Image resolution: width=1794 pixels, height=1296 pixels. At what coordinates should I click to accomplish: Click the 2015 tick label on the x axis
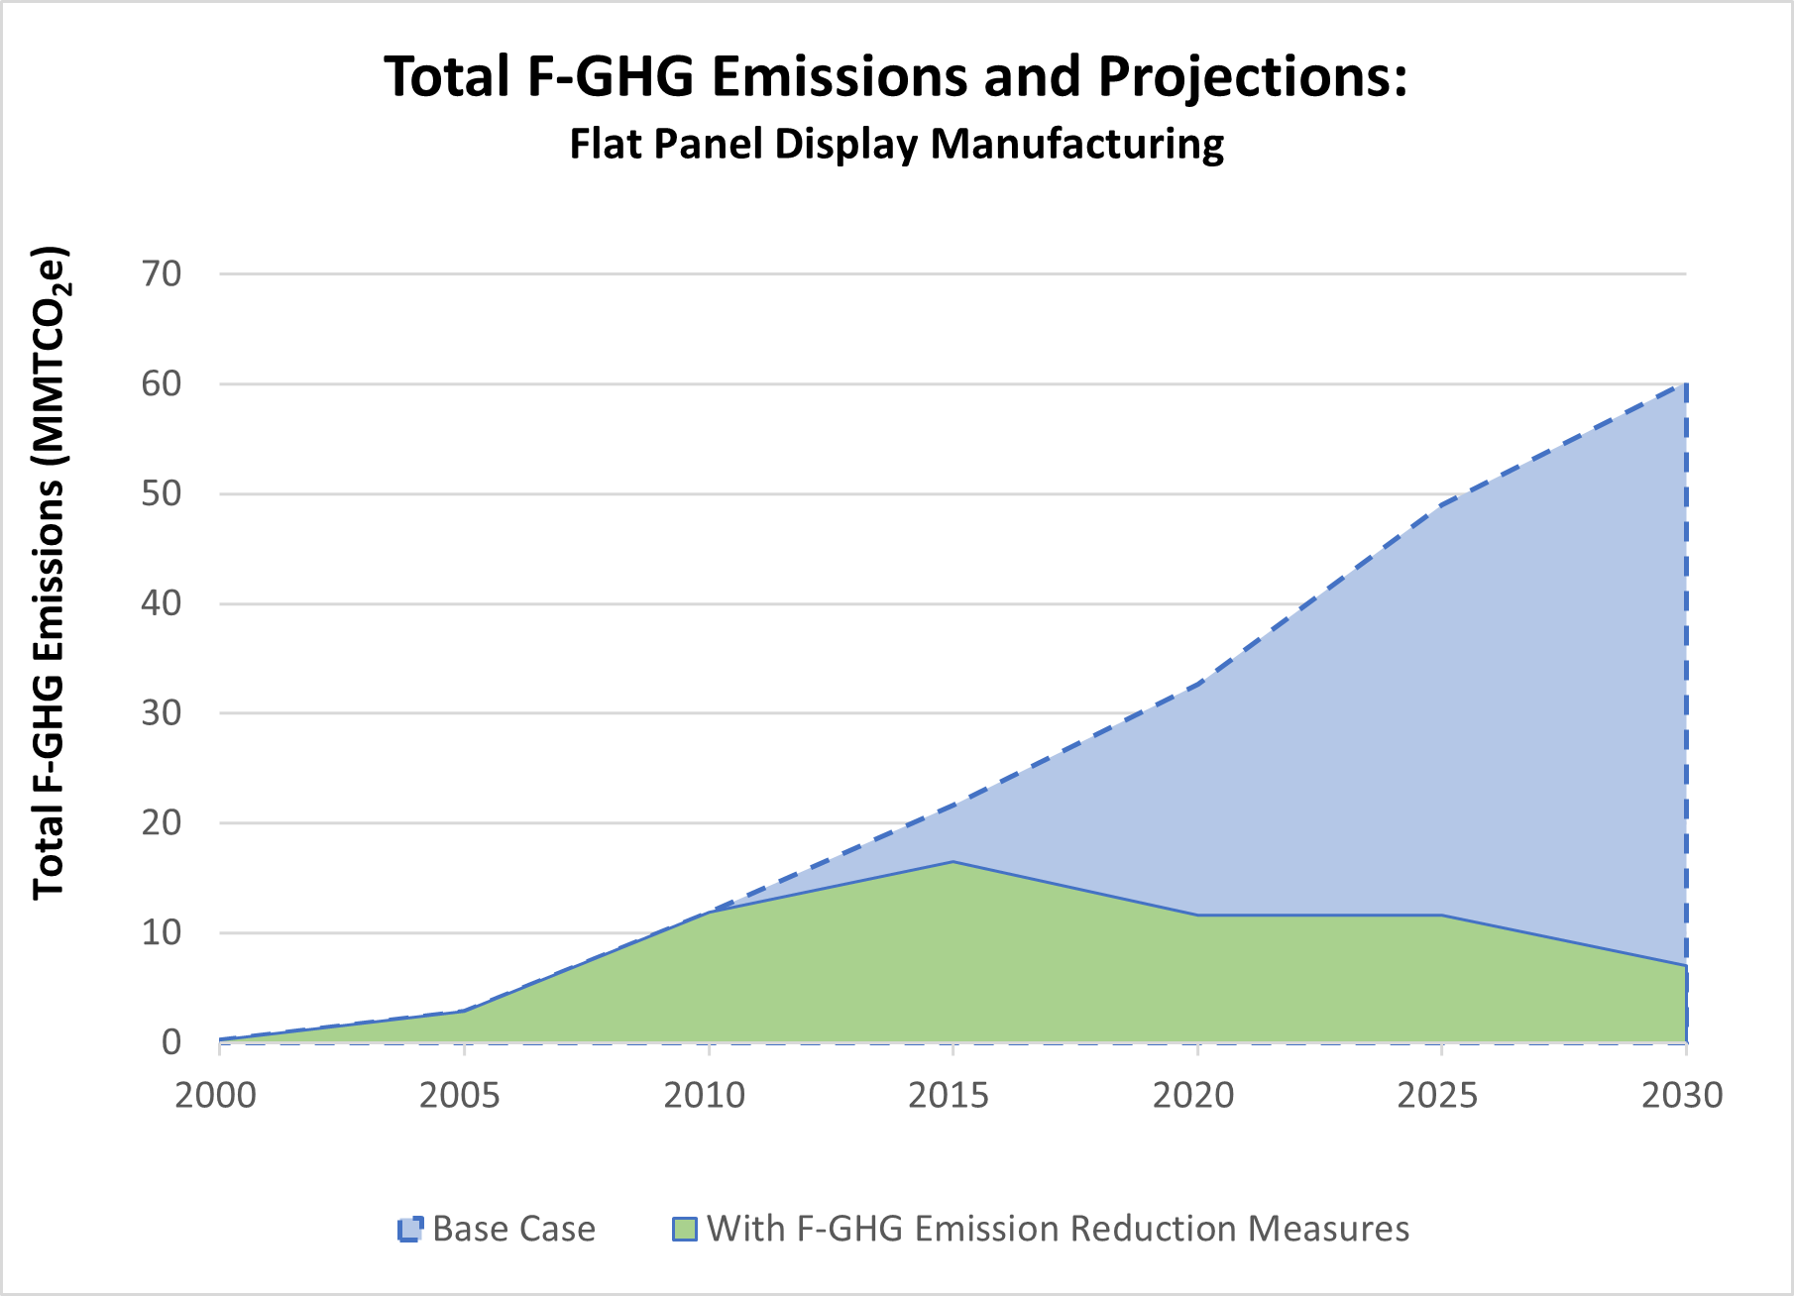tap(949, 1095)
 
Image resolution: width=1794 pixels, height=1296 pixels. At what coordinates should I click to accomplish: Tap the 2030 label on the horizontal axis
tap(1682, 1095)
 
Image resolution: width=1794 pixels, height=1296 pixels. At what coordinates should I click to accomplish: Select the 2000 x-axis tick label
tap(215, 1095)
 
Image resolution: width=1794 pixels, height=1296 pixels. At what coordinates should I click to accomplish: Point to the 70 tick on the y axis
tap(162, 274)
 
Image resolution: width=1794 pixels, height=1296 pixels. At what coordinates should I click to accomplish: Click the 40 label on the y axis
tap(162, 603)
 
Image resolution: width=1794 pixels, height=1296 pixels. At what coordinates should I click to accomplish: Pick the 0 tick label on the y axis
tap(171, 1042)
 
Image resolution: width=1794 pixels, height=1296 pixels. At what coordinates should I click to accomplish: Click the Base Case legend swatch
tap(409, 1229)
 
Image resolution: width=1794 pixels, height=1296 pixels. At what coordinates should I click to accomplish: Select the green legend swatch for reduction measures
tap(684, 1229)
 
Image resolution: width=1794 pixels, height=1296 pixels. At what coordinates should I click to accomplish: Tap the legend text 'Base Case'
tap(513, 1229)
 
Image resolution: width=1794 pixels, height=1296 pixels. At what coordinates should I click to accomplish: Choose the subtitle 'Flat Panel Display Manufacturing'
tap(896, 144)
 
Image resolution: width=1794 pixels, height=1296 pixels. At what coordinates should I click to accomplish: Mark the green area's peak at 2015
tap(953, 862)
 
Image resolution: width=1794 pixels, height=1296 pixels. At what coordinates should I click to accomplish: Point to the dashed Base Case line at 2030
tap(1686, 384)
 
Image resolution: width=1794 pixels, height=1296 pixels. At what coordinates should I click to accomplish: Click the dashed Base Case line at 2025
tap(1441, 504)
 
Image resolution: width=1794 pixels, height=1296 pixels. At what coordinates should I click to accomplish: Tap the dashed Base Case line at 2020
tap(1197, 685)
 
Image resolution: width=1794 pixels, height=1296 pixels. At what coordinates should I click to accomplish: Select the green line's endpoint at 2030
tap(1686, 965)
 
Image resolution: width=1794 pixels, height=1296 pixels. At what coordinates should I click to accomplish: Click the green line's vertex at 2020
tap(1197, 915)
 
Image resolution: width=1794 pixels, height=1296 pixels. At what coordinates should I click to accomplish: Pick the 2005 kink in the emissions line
tap(464, 1011)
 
